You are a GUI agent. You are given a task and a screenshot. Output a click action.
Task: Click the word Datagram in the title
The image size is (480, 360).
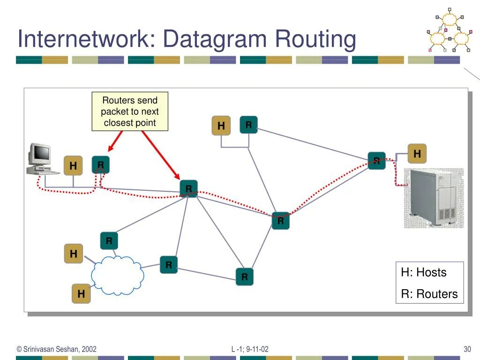[x=216, y=39]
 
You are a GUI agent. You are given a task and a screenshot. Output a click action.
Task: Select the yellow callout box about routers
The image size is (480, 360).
[x=130, y=112]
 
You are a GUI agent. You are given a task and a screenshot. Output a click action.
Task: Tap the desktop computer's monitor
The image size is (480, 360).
[x=40, y=153]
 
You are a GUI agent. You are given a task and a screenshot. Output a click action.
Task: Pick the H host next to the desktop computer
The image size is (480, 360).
[x=73, y=166]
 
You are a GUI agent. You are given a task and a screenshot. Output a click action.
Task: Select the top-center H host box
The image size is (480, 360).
[x=221, y=126]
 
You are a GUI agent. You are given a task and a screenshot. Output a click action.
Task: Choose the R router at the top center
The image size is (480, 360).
[x=249, y=125]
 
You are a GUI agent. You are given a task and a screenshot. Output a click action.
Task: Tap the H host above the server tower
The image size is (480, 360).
[x=417, y=154]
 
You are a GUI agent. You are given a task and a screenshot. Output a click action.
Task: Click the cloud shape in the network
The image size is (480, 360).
[x=117, y=276]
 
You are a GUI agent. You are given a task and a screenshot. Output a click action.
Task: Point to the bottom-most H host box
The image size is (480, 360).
[x=81, y=294]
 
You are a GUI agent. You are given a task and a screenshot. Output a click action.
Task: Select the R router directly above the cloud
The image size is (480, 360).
[x=109, y=241]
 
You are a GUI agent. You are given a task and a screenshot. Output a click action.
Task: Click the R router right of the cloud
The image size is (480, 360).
[x=169, y=265]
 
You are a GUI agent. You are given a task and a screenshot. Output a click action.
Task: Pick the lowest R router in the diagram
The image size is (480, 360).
[x=244, y=277]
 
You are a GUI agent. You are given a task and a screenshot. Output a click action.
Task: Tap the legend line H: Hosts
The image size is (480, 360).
[x=424, y=272]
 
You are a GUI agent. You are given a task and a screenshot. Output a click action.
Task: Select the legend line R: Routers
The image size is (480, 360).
[x=429, y=294]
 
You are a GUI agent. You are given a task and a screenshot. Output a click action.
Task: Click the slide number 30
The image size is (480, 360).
[x=467, y=349]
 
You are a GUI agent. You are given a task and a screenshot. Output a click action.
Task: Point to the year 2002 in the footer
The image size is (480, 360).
[x=89, y=349]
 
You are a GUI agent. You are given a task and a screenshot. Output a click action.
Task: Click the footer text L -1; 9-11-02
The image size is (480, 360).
[x=250, y=349]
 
